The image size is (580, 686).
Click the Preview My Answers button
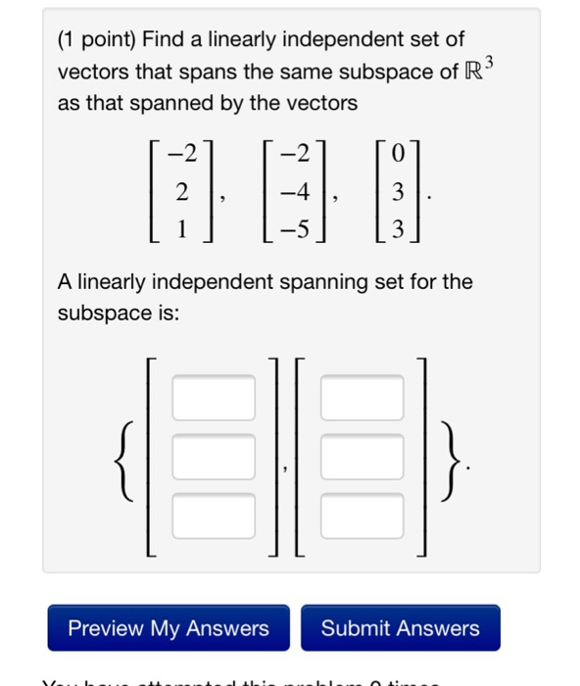[x=169, y=628]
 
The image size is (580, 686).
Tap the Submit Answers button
[x=401, y=628]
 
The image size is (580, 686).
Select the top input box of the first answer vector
[x=215, y=397]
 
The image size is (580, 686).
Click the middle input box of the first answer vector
[x=215, y=455]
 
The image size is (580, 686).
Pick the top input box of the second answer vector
[x=362, y=397]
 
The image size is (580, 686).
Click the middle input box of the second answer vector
[x=362, y=455]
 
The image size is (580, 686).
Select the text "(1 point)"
[x=98, y=39]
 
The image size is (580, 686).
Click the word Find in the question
[x=166, y=39]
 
